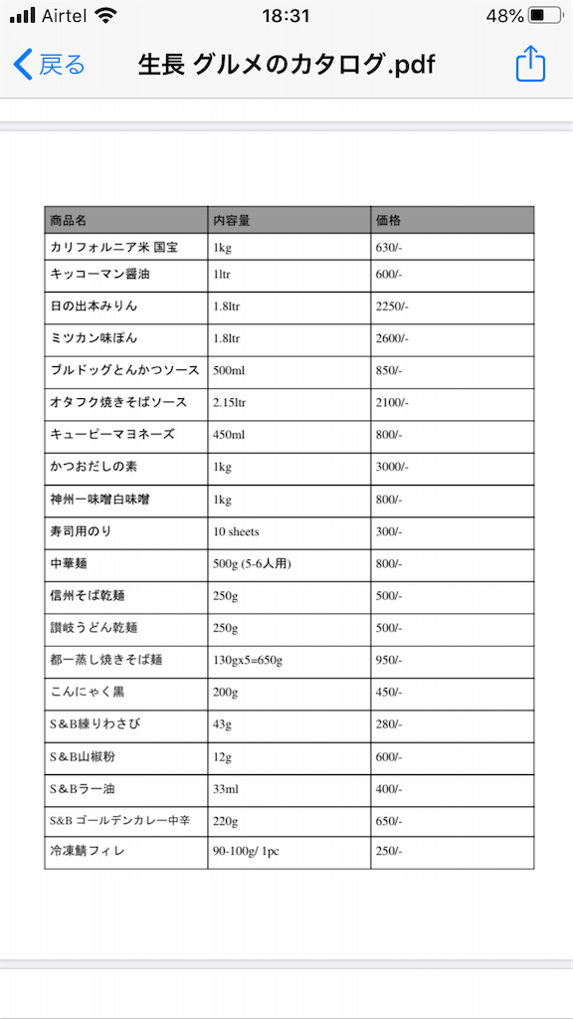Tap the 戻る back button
(50, 66)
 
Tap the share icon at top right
(531, 65)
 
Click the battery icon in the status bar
(544, 16)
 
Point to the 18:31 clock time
(286, 16)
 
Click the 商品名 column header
(69, 220)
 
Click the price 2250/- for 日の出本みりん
(392, 306)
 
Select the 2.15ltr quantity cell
(230, 403)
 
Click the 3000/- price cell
(392, 468)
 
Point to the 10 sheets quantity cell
(237, 532)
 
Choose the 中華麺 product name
(70, 564)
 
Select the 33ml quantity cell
(227, 790)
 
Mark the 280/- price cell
(389, 725)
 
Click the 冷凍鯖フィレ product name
(88, 852)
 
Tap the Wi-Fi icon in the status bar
(106, 16)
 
